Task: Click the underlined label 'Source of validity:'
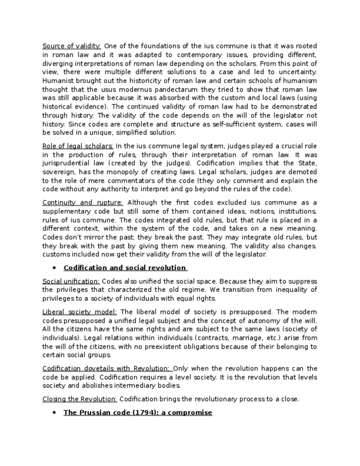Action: click(71, 46)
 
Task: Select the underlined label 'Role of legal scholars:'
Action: click(77, 146)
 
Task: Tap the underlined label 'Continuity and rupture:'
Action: click(82, 203)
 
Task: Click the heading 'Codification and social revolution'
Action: click(125, 268)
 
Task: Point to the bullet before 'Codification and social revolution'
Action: click(54, 268)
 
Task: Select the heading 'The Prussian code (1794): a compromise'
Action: click(137, 413)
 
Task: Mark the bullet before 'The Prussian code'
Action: click(54, 413)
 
